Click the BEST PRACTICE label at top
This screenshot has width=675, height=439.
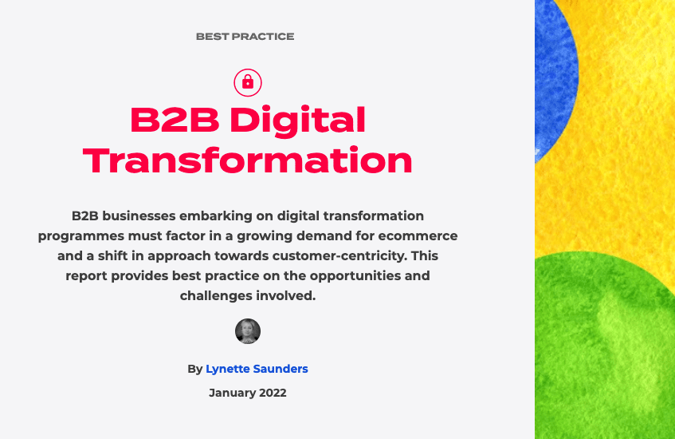[245, 37]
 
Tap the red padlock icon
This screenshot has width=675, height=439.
[248, 81]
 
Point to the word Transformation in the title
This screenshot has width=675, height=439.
[248, 160]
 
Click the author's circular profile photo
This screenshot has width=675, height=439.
[248, 331]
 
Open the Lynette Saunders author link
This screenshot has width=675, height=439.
[257, 369]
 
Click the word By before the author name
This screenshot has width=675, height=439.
[195, 369]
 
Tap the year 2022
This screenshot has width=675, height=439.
[273, 393]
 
